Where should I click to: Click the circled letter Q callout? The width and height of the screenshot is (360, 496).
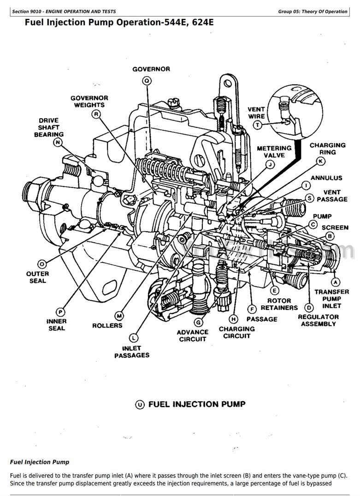click(147, 81)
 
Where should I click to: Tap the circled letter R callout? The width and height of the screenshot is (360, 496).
click(96, 114)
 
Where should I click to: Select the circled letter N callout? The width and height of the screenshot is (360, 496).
click(57, 143)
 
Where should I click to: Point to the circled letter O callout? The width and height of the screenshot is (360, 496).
click(41, 264)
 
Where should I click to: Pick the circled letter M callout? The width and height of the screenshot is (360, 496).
click(119, 316)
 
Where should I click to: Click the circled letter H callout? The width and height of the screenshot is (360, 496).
click(234, 319)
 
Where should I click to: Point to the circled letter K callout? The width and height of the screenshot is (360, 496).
click(320, 161)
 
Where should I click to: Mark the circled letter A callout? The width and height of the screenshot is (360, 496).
click(335, 281)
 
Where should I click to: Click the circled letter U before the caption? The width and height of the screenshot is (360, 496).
click(140, 405)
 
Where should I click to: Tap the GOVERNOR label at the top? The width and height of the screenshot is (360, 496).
click(151, 69)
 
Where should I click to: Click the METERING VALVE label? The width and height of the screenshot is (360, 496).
click(274, 151)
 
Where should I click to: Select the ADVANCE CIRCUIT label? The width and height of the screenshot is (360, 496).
click(193, 335)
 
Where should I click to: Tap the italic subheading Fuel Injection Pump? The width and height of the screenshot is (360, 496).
click(40, 461)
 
